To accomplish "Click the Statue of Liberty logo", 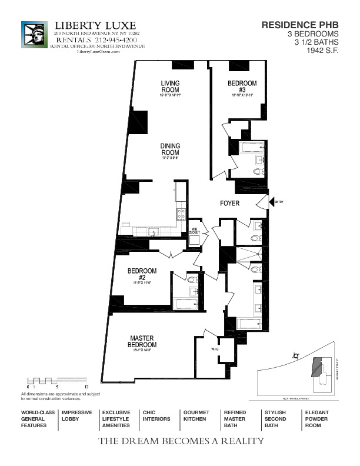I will coord(34,35).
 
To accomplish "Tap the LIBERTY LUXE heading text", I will coord(95,25).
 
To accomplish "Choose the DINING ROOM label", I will coord(171,149).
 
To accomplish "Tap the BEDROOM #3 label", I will coord(242,86).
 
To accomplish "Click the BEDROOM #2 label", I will coord(141,275).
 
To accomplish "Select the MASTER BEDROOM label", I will coord(141,342).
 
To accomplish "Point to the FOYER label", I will coord(229,204).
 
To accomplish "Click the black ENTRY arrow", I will coord(272,202).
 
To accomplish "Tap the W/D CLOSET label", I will coord(195,231).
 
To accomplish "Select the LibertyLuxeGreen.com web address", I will coord(98,52).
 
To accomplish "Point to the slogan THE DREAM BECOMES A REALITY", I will coord(181,441).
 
